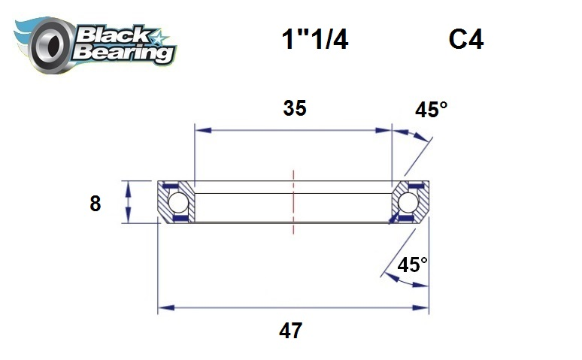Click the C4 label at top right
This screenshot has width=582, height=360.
point(465,40)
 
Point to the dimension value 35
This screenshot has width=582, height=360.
point(295,108)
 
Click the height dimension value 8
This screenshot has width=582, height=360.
point(95,203)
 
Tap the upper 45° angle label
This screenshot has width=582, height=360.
point(431,110)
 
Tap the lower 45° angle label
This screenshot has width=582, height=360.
point(412,265)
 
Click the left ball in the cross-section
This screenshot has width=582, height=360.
point(177,202)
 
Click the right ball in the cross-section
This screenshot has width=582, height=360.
point(408,202)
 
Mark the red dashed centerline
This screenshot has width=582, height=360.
point(293,197)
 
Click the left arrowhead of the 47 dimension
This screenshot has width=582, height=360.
point(163,307)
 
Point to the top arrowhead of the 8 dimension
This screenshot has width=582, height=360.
point(130,186)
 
